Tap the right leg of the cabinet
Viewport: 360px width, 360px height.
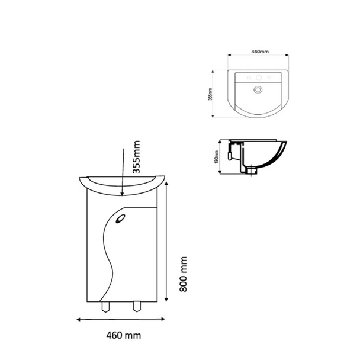(137, 307)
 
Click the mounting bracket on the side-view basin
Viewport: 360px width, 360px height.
(233, 155)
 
